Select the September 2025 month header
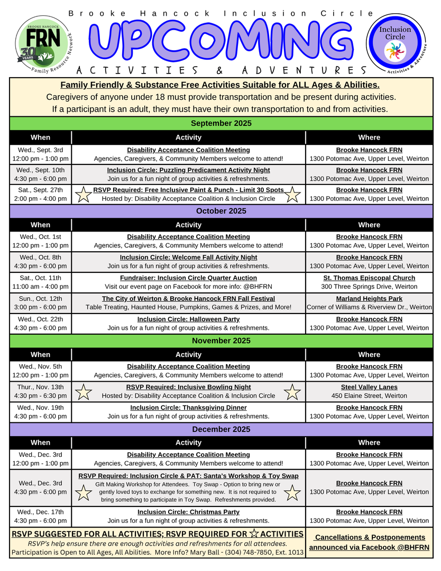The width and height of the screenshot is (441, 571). tap(221, 123)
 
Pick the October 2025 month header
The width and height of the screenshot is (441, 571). tap(221, 211)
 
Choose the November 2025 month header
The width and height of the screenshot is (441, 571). tap(221, 340)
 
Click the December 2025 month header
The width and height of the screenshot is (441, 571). tap(221, 429)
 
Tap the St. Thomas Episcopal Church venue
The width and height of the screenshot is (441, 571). tap(369, 278)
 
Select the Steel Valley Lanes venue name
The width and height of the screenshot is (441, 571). tap(369, 387)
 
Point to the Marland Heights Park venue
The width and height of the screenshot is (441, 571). tap(369, 299)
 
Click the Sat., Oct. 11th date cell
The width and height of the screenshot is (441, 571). tap(41, 282)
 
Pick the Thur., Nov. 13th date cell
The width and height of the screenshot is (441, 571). tap(41, 391)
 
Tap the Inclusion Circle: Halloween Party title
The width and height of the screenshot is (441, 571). tap(188, 319)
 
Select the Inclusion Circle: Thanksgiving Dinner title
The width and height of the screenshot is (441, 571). tap(188, 408)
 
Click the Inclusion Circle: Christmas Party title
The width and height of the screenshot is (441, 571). tap(188, 512)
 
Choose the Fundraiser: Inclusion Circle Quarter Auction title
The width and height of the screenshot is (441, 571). tap(188, 278)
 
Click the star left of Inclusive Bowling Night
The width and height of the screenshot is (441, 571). tap(84, 392)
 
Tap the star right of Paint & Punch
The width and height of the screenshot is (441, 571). tap(293, 195)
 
